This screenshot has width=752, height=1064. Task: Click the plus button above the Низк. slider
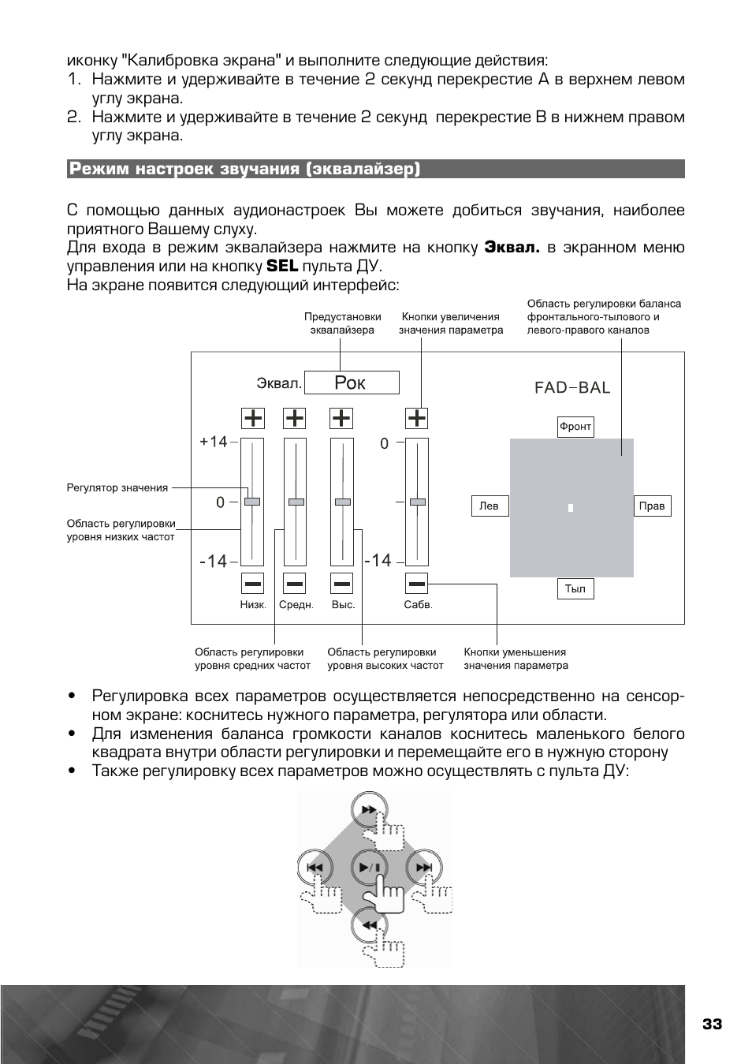click(252, 419)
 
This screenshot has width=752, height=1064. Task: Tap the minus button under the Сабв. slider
click(416, 584)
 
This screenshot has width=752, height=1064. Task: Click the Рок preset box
click(352, 383)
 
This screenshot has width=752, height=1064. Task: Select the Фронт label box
click(575, 427)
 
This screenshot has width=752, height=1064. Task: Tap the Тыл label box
click(575, 589)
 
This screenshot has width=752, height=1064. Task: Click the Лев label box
click(490, 506)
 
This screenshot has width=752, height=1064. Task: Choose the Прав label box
click(653, 506)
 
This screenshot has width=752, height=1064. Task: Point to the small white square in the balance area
click(571, 508)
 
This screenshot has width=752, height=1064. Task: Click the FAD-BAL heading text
click(572, 387)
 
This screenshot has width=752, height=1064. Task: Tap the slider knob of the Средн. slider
click(296, 502)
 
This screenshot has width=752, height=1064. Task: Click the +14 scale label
click(214, 442)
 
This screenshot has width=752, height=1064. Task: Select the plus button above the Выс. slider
click(341, 419)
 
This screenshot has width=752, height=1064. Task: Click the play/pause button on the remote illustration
click(370, 868)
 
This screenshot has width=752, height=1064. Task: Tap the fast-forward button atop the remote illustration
click(370, 810)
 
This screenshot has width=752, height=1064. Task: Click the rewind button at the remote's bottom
click(370, 925)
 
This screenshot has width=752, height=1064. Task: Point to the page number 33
click(712, 1024)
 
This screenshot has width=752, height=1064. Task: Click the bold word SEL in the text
click(282, 266)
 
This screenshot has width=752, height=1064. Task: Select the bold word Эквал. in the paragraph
click(512, 247)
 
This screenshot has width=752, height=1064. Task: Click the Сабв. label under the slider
click(419, 605)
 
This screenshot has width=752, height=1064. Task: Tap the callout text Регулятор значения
click(117, 487)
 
